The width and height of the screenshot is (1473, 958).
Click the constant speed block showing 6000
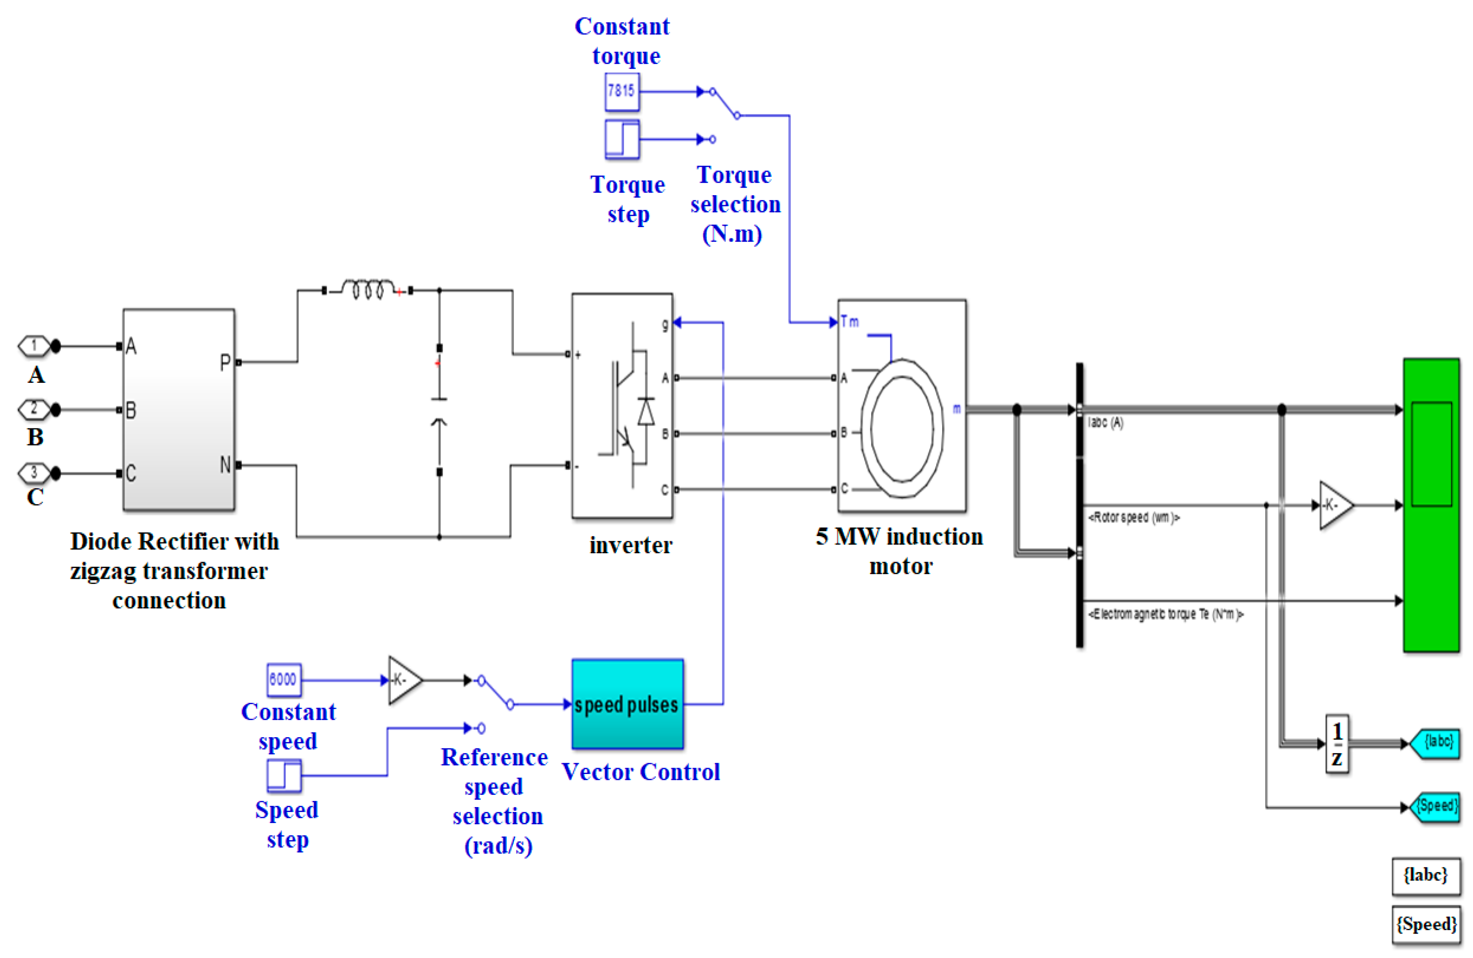(x=283, y=679)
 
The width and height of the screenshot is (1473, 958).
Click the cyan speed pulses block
(x=627, y=704)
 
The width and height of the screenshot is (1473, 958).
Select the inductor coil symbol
(x=368, y=289)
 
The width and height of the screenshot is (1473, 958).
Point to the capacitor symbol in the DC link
(x=439, y=410)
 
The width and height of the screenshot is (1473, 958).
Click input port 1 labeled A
(x=34, y=345)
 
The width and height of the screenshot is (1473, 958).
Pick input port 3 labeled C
(x=34, y=473)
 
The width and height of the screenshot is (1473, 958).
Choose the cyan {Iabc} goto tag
(x=1436, y=742)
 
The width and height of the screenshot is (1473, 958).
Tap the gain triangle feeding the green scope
(x=1333, y=505)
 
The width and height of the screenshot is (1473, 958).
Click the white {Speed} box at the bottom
(x=1425, y=924)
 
